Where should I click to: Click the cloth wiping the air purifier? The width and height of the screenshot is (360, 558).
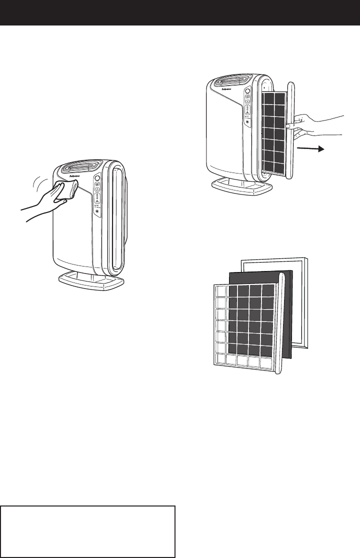[69, 189]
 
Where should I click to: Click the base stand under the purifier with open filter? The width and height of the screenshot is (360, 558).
[243, 186]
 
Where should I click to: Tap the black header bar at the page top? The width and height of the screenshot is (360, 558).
[180, 12]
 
